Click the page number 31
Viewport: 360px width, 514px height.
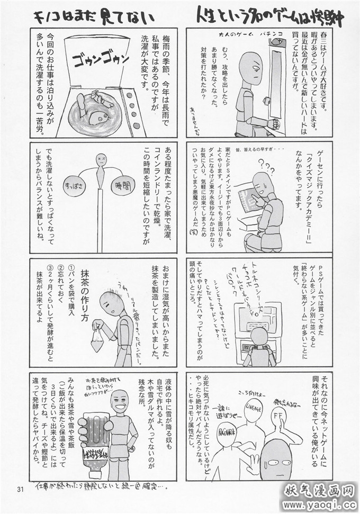(21, 488)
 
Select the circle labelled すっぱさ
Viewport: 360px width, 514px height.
(72, 186)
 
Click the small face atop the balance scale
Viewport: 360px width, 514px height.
(101, 158)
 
